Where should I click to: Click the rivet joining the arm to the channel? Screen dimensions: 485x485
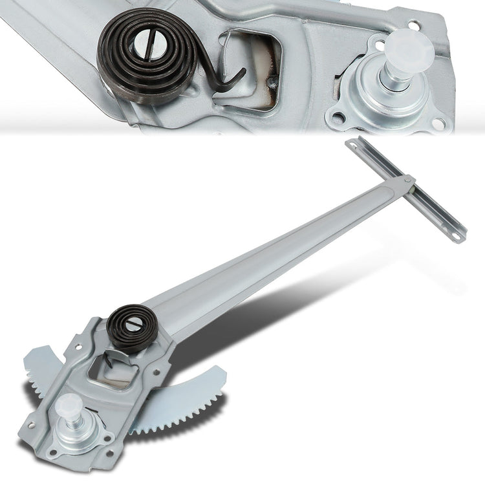point(409,180)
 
